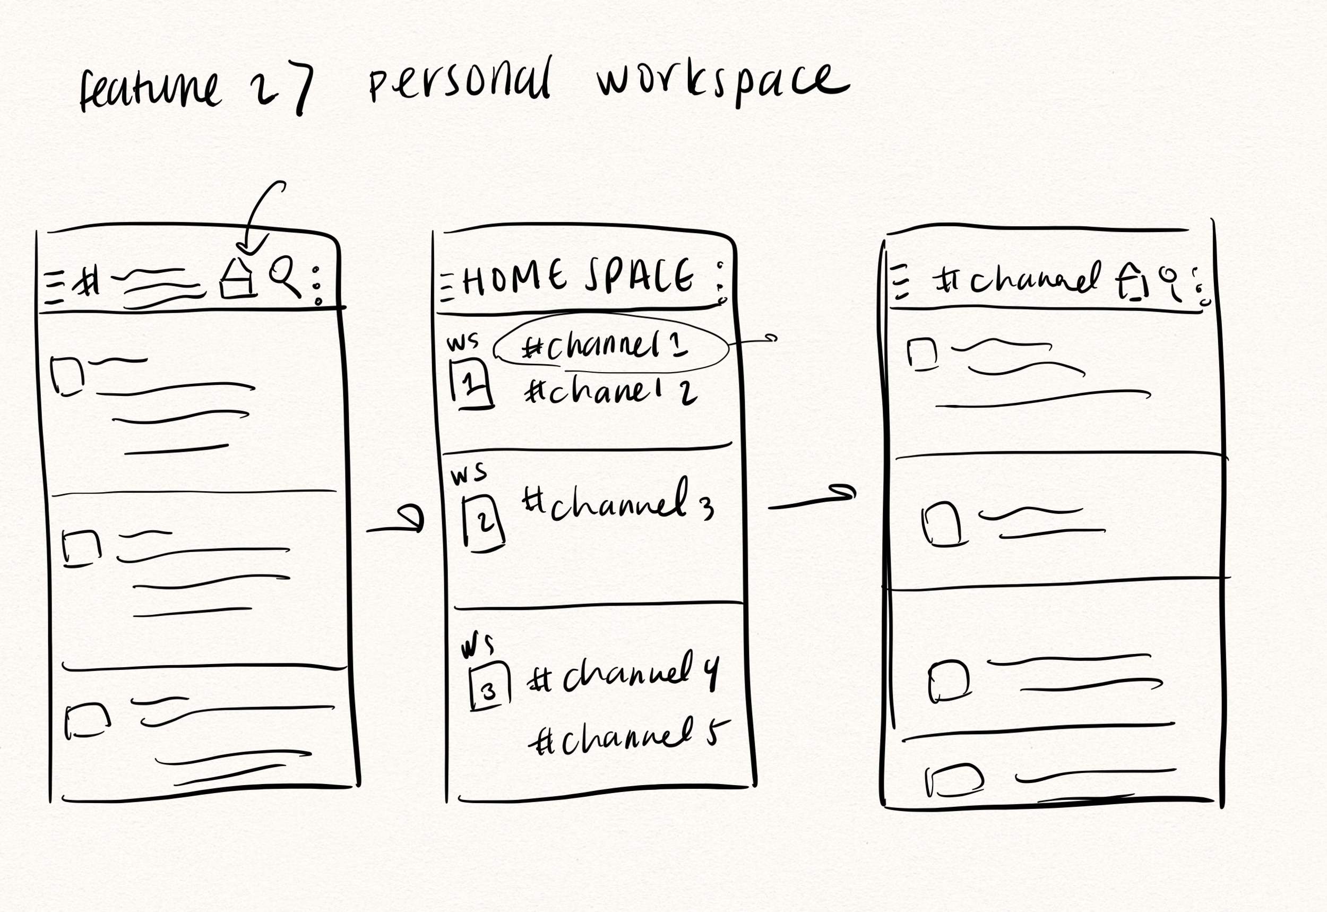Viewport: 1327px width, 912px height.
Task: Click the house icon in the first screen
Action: (x=238, y=279)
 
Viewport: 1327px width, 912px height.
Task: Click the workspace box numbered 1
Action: (x=472, y=384)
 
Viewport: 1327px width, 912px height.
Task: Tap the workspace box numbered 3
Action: (x=488, y=687)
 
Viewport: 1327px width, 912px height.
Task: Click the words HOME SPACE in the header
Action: (x=577, y=278)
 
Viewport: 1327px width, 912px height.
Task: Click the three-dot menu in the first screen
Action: (x=316, y=285)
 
